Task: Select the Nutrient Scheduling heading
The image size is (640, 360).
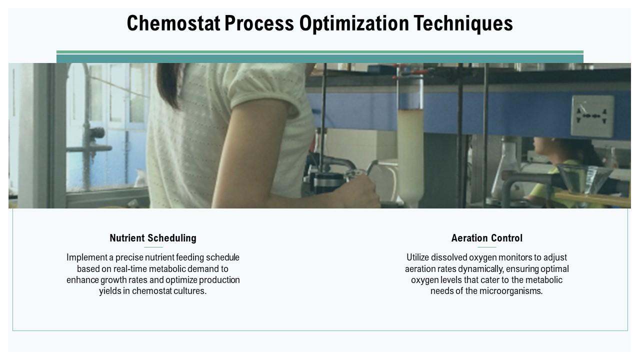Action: click(x=153, y=238)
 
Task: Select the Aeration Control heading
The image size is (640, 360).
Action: click(x=486, y=238)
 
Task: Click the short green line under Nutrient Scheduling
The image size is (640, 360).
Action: click(x=153, y=247)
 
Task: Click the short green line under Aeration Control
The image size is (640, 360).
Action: click(x=486, y=247)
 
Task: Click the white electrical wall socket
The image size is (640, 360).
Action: click(x=592, y=116)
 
